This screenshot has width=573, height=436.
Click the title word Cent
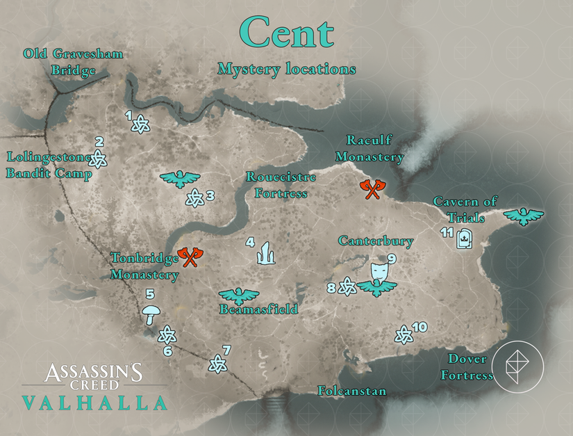[x=286, y=33]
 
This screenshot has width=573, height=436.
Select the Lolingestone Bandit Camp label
[x=49, y=165]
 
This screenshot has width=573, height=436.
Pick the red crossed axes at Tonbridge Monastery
[x=188, y=257]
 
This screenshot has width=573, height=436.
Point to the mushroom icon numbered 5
[x=149, y=314]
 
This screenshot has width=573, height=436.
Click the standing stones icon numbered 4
[x=265, y=254]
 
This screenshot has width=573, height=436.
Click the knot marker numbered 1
[x=140, y=124]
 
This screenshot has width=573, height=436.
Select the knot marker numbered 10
[x=403, y=336]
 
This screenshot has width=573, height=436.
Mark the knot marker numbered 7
[x=218, y=363]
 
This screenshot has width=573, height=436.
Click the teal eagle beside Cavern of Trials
[x=523, y=216]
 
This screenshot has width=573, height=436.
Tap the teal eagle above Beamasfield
[x=238, y=297]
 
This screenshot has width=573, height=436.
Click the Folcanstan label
[x=351, y=391]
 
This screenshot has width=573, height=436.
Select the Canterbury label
[x=376, y=241]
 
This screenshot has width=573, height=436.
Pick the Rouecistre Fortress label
[x=281, y=185]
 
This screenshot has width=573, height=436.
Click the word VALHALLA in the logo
[x=94, y=403]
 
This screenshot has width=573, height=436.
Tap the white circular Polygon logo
[x=517, y=366]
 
